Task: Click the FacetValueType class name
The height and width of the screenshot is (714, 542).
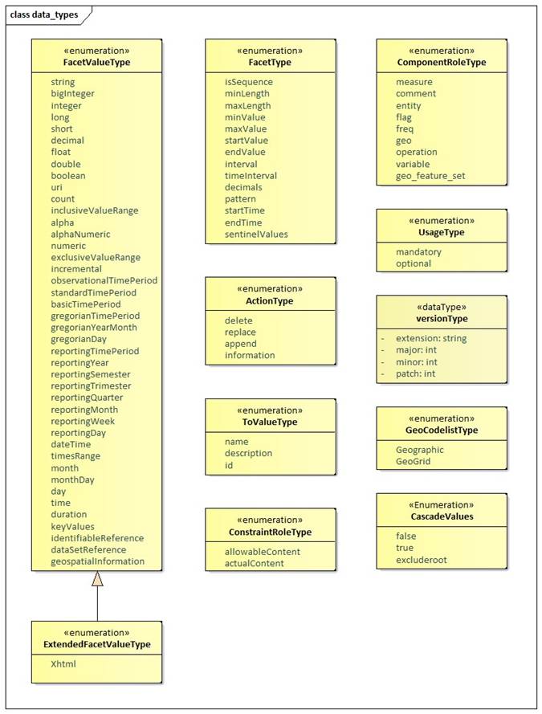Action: pos(96,62)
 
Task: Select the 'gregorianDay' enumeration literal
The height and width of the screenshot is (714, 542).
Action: pos(79,339)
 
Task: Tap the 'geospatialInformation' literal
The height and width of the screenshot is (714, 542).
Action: pos(97,561)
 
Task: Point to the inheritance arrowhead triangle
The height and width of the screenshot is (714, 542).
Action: pos(97,578)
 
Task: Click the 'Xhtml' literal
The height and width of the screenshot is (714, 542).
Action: pos(63,666)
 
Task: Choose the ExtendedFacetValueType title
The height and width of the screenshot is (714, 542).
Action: pos(96,644)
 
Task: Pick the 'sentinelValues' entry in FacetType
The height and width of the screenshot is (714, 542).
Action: pos(256,234)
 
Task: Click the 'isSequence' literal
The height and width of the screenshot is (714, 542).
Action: pos(248,82)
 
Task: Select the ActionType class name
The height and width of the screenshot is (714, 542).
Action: pos(270,300)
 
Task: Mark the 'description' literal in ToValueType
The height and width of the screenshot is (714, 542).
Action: pos(248,453)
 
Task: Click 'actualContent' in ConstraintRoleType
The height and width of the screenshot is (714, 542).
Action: pos(255,563)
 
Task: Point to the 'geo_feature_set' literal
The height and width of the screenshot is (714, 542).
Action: pos(430,175)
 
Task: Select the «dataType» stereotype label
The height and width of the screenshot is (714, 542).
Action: pos(442,306)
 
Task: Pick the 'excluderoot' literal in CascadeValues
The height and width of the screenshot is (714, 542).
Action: pos(421,560)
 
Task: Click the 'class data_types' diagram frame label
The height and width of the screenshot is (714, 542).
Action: pos(43,14)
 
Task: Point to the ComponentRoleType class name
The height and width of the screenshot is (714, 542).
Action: pos(442,62)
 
